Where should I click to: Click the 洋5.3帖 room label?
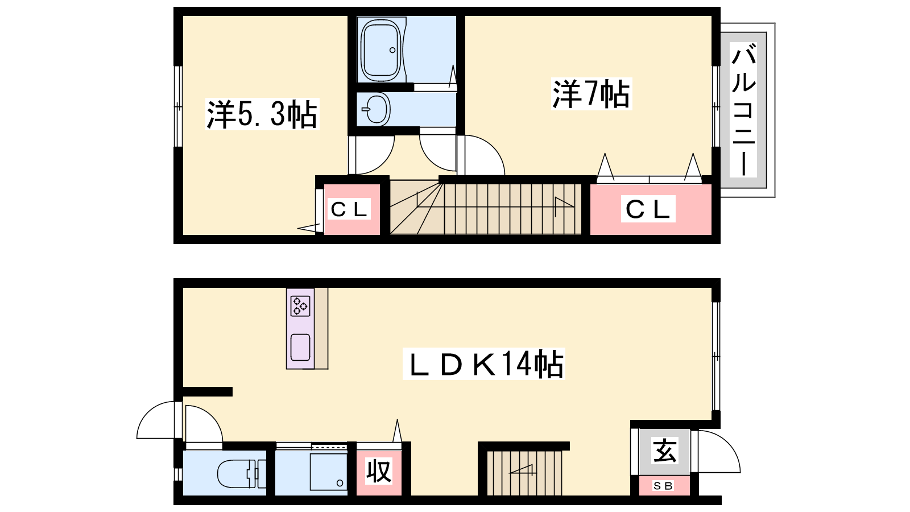point(262,114)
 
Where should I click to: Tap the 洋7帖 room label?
point(591,94)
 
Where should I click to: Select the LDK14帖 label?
point(483,364)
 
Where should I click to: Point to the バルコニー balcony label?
point(743,110)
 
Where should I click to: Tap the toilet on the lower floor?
point(241,474)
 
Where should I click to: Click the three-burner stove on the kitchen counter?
point(300,306)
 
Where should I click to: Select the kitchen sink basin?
point(301,348)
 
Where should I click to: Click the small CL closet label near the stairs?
point(349,209)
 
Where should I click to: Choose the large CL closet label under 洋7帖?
point(648,209)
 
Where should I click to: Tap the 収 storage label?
point(379,471)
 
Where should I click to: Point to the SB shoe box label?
point(663,486)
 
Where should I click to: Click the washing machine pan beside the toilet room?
point(329,472)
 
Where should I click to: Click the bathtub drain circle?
point(392,51)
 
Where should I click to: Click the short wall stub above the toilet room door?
point(207,392)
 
